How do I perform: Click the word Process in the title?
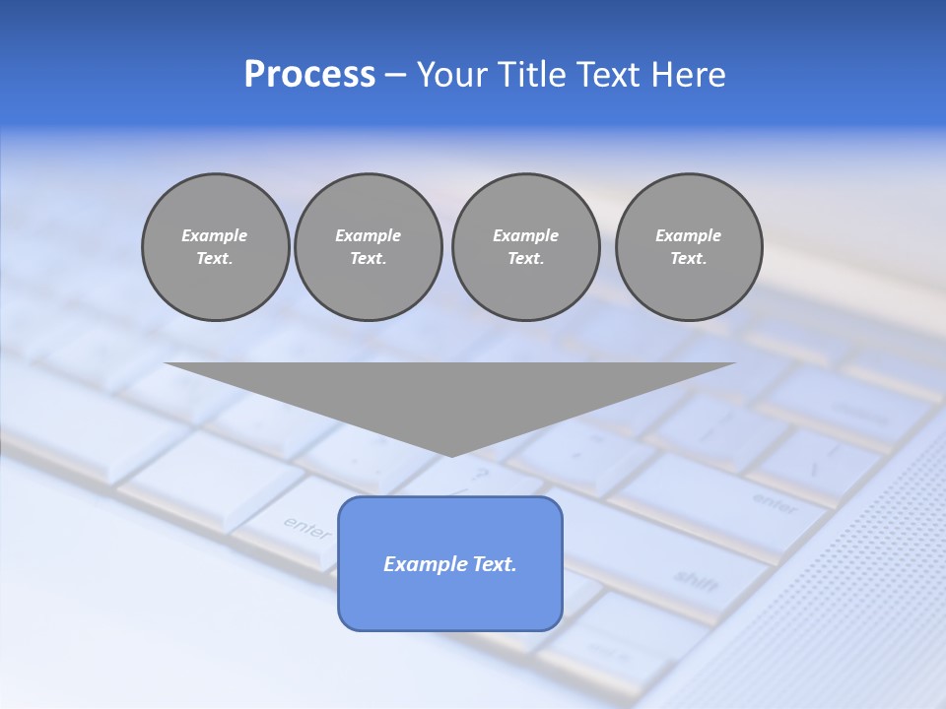309,75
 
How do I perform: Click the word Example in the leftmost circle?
215,235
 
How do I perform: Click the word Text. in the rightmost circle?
689,258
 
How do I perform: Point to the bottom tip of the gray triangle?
450,455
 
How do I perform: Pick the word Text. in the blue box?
494,564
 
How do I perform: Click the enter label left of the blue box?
307,528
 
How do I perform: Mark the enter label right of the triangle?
776,502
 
